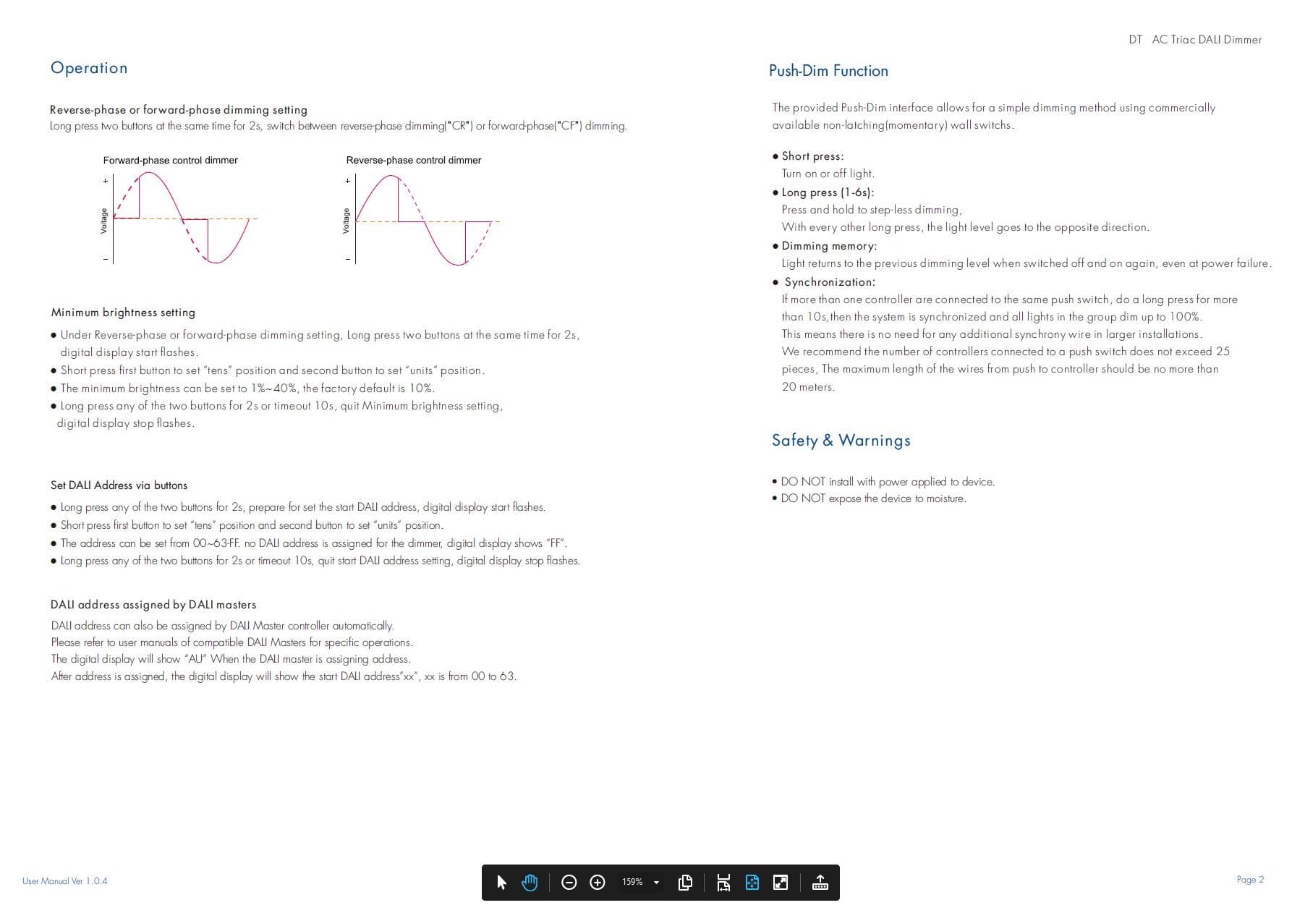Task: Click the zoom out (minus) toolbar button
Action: click(569, 883)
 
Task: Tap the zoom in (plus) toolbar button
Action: click(598, 883)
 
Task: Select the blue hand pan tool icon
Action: click(530, 883)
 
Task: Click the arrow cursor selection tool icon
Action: click(501, 883)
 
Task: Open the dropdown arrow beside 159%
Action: click(656, 883)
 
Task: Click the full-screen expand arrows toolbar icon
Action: click(781, 883)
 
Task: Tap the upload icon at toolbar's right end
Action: click(820, 883)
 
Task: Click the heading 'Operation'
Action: click(89, 68)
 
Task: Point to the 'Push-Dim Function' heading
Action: click(828, 71)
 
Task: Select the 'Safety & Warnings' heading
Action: click(841, 441)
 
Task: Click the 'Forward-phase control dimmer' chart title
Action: click(170, 161)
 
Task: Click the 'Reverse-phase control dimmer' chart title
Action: click(413, 161)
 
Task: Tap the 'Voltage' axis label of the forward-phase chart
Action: click(103, 221)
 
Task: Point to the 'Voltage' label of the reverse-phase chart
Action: click(346, 221)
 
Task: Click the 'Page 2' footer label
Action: click(1250, 880)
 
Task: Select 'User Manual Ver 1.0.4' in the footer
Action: click(65, 881)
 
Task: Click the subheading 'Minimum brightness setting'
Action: click(123, 313)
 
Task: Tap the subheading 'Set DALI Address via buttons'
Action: click(119, 485)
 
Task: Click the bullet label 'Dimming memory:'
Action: click(829, 246)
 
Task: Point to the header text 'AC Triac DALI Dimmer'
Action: click(1207, 40)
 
